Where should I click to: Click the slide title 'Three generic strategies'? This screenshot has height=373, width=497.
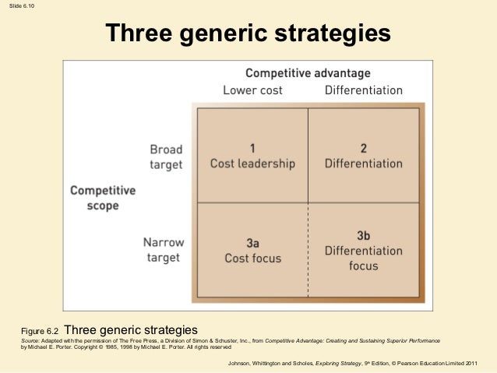(x=248, y=33)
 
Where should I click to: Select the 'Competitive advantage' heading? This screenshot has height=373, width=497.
(x=308, y=73)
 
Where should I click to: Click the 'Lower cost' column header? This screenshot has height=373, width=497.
(x=252, y=90)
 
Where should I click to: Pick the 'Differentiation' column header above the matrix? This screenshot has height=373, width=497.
(x=363, y=90)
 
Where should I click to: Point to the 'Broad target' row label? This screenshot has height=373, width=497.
(x=166, y=157)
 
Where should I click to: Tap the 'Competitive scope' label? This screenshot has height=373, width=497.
(x=103, y=198)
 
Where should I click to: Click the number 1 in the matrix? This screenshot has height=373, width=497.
(x=252, y=148)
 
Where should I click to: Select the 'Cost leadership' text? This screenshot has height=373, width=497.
(x=252, y=164)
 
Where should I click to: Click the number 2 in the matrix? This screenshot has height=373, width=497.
(x=363, y=148)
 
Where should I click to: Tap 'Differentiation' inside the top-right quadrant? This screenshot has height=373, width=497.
(x=363, y=164)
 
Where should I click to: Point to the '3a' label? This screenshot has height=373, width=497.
(x=252, y=242)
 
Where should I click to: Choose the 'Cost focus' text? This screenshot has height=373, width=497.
(x=252, y=258)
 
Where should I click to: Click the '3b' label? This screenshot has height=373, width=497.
(x=363, y=235)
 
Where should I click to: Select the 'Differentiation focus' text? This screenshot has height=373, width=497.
(x=363, y=259)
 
